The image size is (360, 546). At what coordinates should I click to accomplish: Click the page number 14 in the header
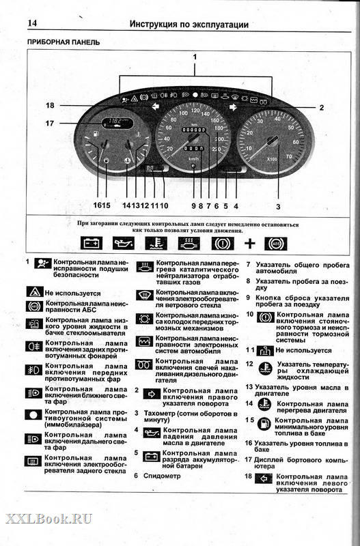tap(32, 24)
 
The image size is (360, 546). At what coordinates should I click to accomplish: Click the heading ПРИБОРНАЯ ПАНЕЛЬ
tap(64, 42)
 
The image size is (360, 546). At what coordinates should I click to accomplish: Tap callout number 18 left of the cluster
tap(50, 105)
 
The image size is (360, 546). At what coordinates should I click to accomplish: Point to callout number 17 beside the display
tap(50, 124)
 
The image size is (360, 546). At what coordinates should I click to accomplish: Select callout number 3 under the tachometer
tap(278, 205)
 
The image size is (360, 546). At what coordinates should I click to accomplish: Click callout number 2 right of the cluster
tap(321, 107)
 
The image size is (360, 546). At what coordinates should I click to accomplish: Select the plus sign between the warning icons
tap(250, 242)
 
